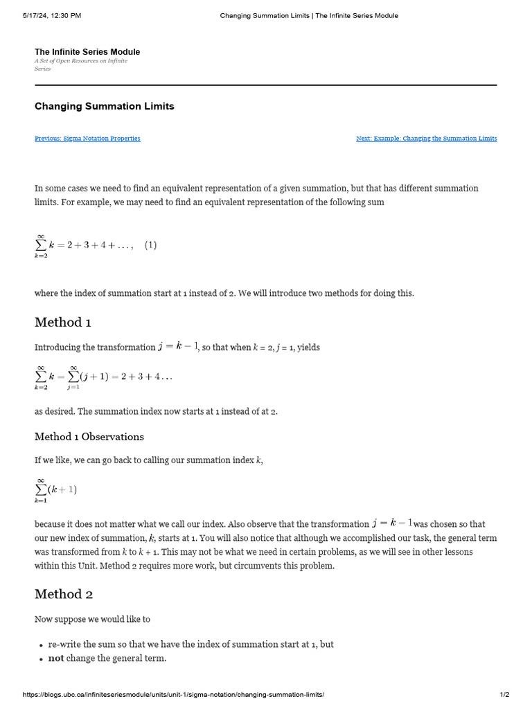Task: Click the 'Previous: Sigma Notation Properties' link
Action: tap(87, 139)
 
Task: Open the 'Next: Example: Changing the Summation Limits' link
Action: tap(426, 139)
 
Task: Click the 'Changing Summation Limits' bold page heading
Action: tap(105, 107)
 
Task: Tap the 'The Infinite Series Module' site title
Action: tap(87, 52)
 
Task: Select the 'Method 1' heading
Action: tap(63, 322)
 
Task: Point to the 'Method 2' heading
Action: tap(64, 594)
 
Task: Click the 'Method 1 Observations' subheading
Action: tap(89, 437)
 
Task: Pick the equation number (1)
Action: tap(150, 245)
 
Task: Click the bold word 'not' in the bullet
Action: tap(55, 658)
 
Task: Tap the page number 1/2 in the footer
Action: tap(504, 695)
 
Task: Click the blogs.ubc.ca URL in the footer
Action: tap(173, 695)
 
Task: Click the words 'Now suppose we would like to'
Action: tap(92, 619)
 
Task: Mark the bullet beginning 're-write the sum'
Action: tap(190, 644)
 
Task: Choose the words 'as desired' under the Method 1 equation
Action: tap(53, 411)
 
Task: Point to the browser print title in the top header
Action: tap(309, 15)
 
